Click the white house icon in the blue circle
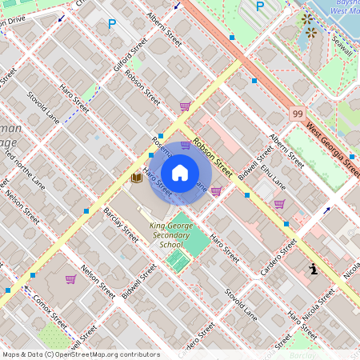tap(180, 173)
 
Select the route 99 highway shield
tap(297, 115)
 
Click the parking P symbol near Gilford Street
tap(111, 25)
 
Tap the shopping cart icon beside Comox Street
tap(70, 279)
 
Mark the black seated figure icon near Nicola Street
tap(314, 269)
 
